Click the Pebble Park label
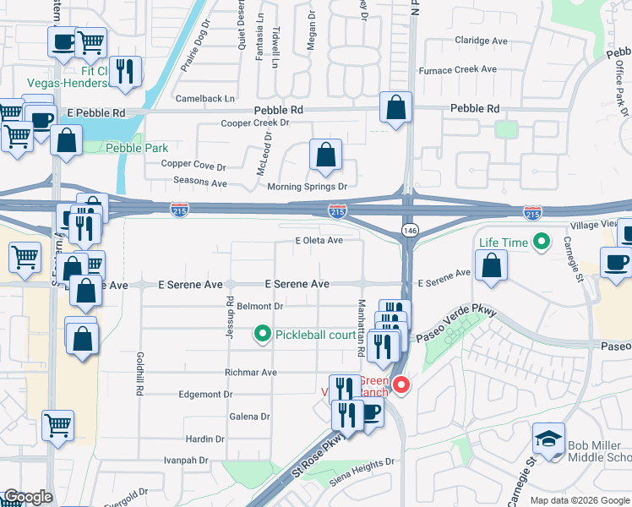click(x=137, y=148)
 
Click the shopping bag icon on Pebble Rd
click(x=395, y=108)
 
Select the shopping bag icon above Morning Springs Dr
click(x=325, y=155)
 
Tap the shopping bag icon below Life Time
click(x=491, y=266)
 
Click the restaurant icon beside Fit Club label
click(x=125, y=73)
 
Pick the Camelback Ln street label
click(x=206, y=99)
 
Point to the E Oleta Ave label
click(x=319, y=241)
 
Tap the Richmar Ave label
click(x=250, y=372)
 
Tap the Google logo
click(x=28, y=497)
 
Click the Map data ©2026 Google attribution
click(x=579, y=500)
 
